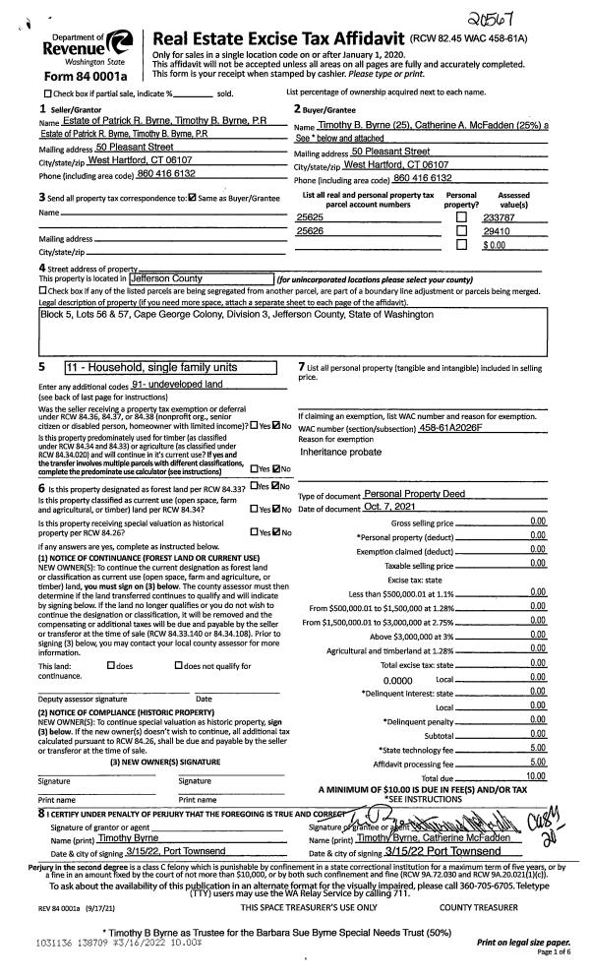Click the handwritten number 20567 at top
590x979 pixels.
tap(535, 13)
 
